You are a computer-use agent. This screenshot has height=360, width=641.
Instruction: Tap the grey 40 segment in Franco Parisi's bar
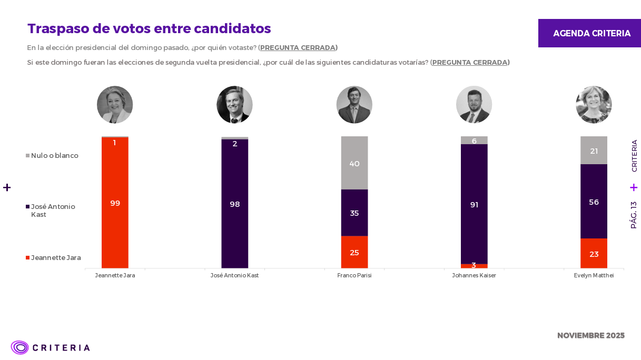354,163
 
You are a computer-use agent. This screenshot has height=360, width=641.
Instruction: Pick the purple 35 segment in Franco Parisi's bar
354,213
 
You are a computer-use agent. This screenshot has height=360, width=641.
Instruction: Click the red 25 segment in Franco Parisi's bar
354,252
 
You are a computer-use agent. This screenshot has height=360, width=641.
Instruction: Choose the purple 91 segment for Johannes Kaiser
474,204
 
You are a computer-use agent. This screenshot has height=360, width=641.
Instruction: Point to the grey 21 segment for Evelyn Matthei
594,151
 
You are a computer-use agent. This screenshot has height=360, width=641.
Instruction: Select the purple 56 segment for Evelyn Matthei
594,202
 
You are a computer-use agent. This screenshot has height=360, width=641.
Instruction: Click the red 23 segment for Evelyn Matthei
594,254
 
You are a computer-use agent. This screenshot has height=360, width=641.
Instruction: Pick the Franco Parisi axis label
354,275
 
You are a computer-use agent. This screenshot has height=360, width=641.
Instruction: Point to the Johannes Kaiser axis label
474,275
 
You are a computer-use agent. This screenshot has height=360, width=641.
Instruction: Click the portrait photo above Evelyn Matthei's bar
594,105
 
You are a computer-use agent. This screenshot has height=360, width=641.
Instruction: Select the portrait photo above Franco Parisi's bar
354,105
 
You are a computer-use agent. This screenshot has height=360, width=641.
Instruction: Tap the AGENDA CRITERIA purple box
589,33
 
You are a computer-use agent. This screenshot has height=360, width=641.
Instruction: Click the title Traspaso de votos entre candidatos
149,28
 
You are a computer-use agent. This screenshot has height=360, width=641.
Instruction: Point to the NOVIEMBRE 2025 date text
590,335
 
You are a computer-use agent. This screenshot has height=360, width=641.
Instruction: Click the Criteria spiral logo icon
20,347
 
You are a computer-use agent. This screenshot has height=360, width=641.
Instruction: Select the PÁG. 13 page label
634,215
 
